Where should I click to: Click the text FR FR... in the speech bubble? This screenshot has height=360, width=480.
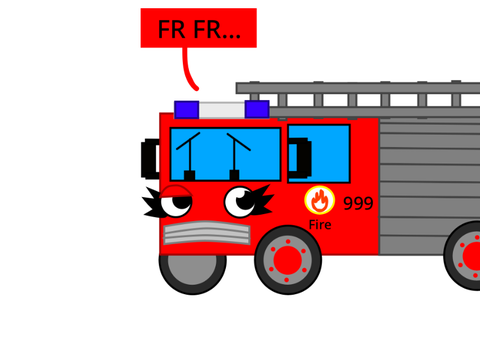tap(199, 30)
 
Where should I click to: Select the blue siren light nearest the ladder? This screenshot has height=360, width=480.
tap(257, 109)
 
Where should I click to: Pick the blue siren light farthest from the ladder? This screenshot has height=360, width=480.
tap(187, 110)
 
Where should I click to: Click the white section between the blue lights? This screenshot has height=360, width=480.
tap(222, 110)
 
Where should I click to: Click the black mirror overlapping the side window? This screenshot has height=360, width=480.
tap(300, 158)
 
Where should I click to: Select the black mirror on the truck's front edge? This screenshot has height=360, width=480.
tap(151, 159)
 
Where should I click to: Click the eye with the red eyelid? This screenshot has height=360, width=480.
tap(176, 203)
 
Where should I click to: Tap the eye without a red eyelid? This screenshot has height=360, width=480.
tap(240, 202)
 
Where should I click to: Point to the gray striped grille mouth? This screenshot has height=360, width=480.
tap(207, 233)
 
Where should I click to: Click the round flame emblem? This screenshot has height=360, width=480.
tap(319, 200)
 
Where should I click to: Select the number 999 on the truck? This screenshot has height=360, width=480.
tap(358, 203)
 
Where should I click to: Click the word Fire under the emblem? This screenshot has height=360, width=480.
tap(320, 225)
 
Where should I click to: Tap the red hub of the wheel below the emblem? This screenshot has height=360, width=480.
tap(287, 260)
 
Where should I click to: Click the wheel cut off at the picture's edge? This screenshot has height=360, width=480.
tap(463, 255)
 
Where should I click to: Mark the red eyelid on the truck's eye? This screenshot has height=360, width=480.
tap(176, 192)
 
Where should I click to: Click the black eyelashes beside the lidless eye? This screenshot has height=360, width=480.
tap(263, 200)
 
